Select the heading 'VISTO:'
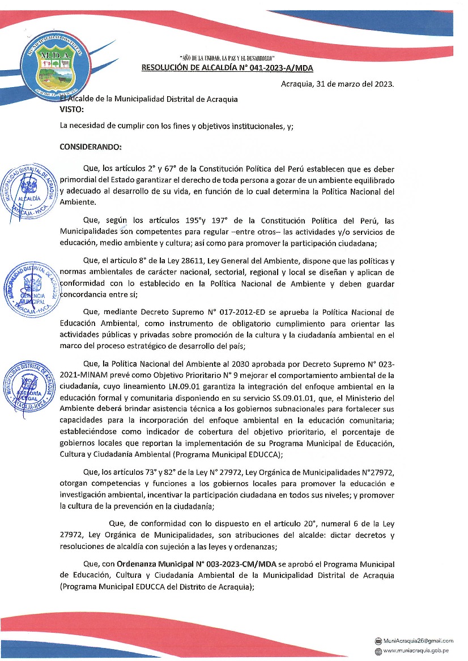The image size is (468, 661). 71,109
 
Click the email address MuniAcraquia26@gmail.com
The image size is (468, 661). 418,641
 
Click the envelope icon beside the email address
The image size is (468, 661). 378,641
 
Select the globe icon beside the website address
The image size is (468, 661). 378,651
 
